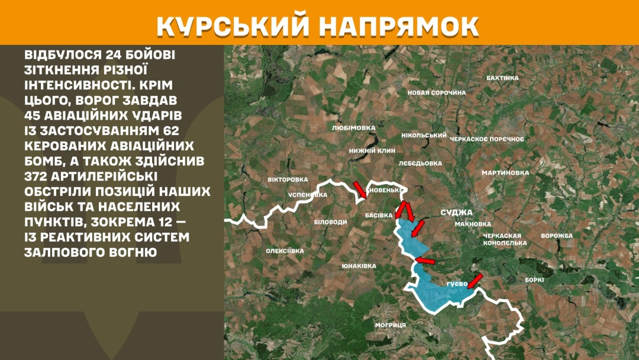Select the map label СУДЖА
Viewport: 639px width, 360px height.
(x=457, y=212)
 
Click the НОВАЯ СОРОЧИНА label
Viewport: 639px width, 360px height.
(x=437, y=93)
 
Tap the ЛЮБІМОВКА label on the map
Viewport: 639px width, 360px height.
(x=354, y=127)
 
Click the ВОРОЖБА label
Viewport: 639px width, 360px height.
(x=557, y=236)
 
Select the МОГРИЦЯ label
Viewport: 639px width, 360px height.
(x=390, y=325)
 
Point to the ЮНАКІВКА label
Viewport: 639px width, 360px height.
(x=359, y=266)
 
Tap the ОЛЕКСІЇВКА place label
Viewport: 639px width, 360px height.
(x=285, y=251)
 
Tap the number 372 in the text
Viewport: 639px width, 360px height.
(x=38, y=176)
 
